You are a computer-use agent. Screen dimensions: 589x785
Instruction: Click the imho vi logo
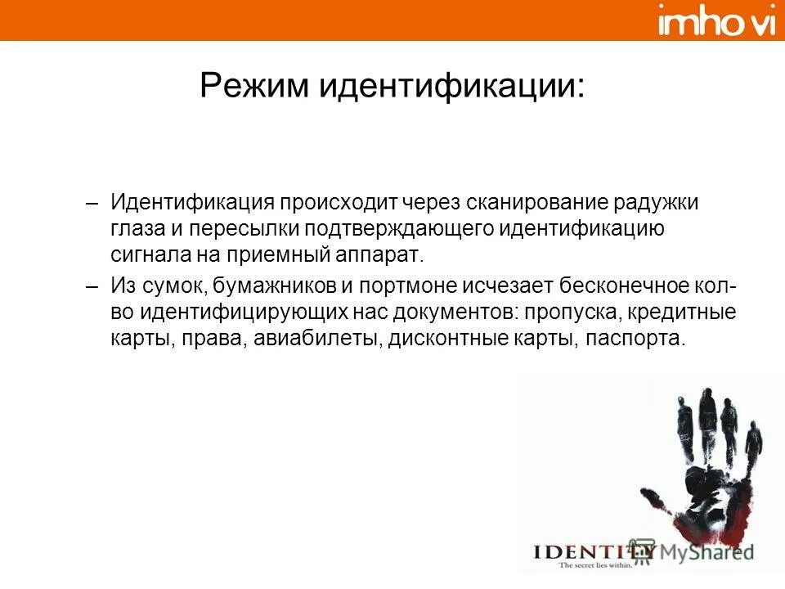716,20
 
